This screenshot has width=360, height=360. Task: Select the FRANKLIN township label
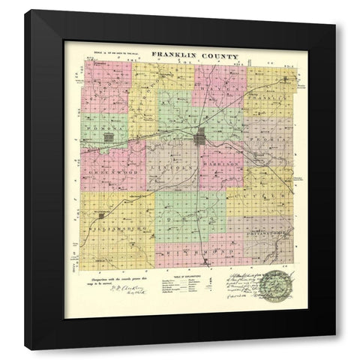(x=275, y=97)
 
